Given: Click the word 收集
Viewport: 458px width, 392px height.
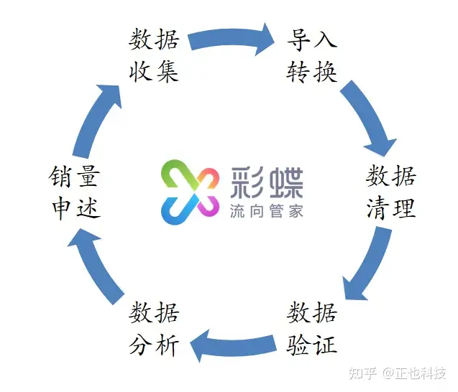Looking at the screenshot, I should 154,71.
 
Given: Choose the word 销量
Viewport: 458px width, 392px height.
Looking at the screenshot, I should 75,176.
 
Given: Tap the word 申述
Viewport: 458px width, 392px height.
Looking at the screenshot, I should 75,208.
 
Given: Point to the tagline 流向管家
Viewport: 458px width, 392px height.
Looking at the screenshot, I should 267,211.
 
